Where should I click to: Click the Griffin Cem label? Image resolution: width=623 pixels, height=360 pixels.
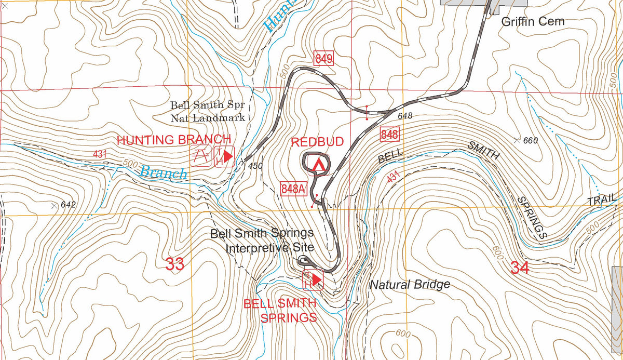click(x=533, y=22)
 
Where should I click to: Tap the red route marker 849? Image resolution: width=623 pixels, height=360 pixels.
click(x=323, y=59)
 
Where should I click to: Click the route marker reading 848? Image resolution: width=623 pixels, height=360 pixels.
click(x=389, y=134)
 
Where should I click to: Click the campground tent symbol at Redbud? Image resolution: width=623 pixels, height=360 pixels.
click(x=317, y=164)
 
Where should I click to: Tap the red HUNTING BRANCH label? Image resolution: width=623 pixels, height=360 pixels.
click(x=173, y=140)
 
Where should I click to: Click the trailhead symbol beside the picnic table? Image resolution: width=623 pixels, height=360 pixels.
click(x=224, y=156)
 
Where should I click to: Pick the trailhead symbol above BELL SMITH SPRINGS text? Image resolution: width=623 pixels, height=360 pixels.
click(x=314, y=281)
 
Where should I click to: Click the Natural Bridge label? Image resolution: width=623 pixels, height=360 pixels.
click(x=410, y=285)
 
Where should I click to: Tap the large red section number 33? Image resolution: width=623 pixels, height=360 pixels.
click(x=175, y=264)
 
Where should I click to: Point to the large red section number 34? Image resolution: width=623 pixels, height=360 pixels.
click(x=520, y=268)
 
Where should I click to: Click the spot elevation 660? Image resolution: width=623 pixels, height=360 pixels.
click(x=531, y=140)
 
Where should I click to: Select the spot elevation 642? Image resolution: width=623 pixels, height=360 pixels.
click(x=68, y=205)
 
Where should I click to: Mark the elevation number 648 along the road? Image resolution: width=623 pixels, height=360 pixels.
click(x=405, y=116)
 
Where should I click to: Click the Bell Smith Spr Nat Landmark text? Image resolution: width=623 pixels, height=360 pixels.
click(x=208, y=111)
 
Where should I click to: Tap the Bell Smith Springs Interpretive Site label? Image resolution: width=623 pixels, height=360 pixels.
click(x=262, y=240)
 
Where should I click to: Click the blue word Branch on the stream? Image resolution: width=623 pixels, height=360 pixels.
click(x=164, y=172)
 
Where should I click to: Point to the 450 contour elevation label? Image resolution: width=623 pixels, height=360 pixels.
click(x=255, y=166)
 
